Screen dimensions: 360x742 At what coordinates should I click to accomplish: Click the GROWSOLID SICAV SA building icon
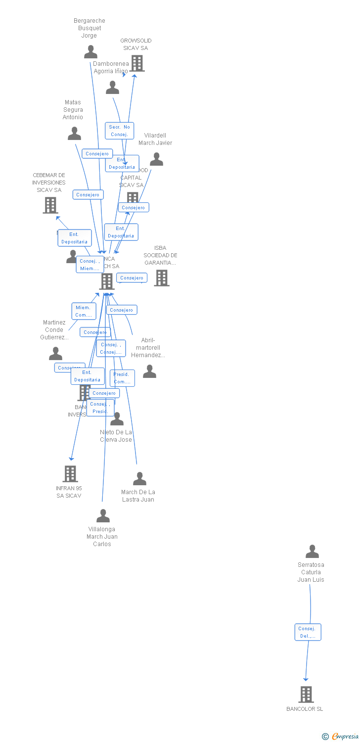(x=137, y=63)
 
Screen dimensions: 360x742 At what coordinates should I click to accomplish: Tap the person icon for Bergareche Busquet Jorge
(x=90, y=52)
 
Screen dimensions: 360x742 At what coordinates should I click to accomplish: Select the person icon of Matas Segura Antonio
(x=74, y=134)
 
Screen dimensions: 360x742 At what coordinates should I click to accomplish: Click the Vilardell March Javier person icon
(x=156, y=159)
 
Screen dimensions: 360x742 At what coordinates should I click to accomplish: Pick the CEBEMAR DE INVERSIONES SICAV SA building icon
(x=50, y=205)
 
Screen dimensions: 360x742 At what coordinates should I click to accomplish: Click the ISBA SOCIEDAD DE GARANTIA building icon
(x=161, y=278)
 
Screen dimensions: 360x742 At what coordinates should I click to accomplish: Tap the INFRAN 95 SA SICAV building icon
(x=70, y=473)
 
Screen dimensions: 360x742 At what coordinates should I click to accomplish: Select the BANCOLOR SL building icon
(x=306, y=694)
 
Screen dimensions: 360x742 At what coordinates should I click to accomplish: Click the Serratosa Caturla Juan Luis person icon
(x=312, y=551)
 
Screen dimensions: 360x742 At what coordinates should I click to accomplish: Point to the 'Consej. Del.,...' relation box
(x=308, y=632)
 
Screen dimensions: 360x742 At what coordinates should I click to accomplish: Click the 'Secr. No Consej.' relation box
(x=119, y=131)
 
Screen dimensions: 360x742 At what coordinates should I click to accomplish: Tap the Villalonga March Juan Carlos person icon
(x=103, y=516)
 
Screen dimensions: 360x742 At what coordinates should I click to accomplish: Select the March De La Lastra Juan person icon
(x=139, y=479)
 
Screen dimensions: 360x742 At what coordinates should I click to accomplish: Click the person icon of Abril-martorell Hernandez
(x=149, y=371)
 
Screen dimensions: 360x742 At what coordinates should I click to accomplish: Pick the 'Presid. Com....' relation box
(x=122, y=378)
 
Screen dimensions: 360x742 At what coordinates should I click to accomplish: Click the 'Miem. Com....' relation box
(x=84, y=311)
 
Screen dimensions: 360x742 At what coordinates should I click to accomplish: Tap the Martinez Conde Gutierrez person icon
(x=55, y=354)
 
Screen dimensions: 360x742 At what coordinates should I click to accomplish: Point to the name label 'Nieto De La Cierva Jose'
(x=116, y=436)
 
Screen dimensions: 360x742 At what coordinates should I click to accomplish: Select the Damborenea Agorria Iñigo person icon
(x=112, y=88)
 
